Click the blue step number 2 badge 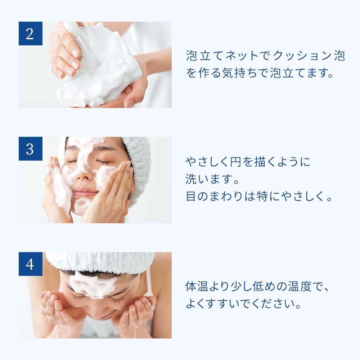[x=30, y=33]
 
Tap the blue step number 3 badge [x=30, y=149]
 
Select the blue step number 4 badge [x=30, y=264]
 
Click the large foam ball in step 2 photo [x=101, y=68]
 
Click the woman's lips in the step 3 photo [x=85, y=193]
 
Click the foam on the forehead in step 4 [x=93, y=284]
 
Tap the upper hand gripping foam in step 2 [x=65, y=50]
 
